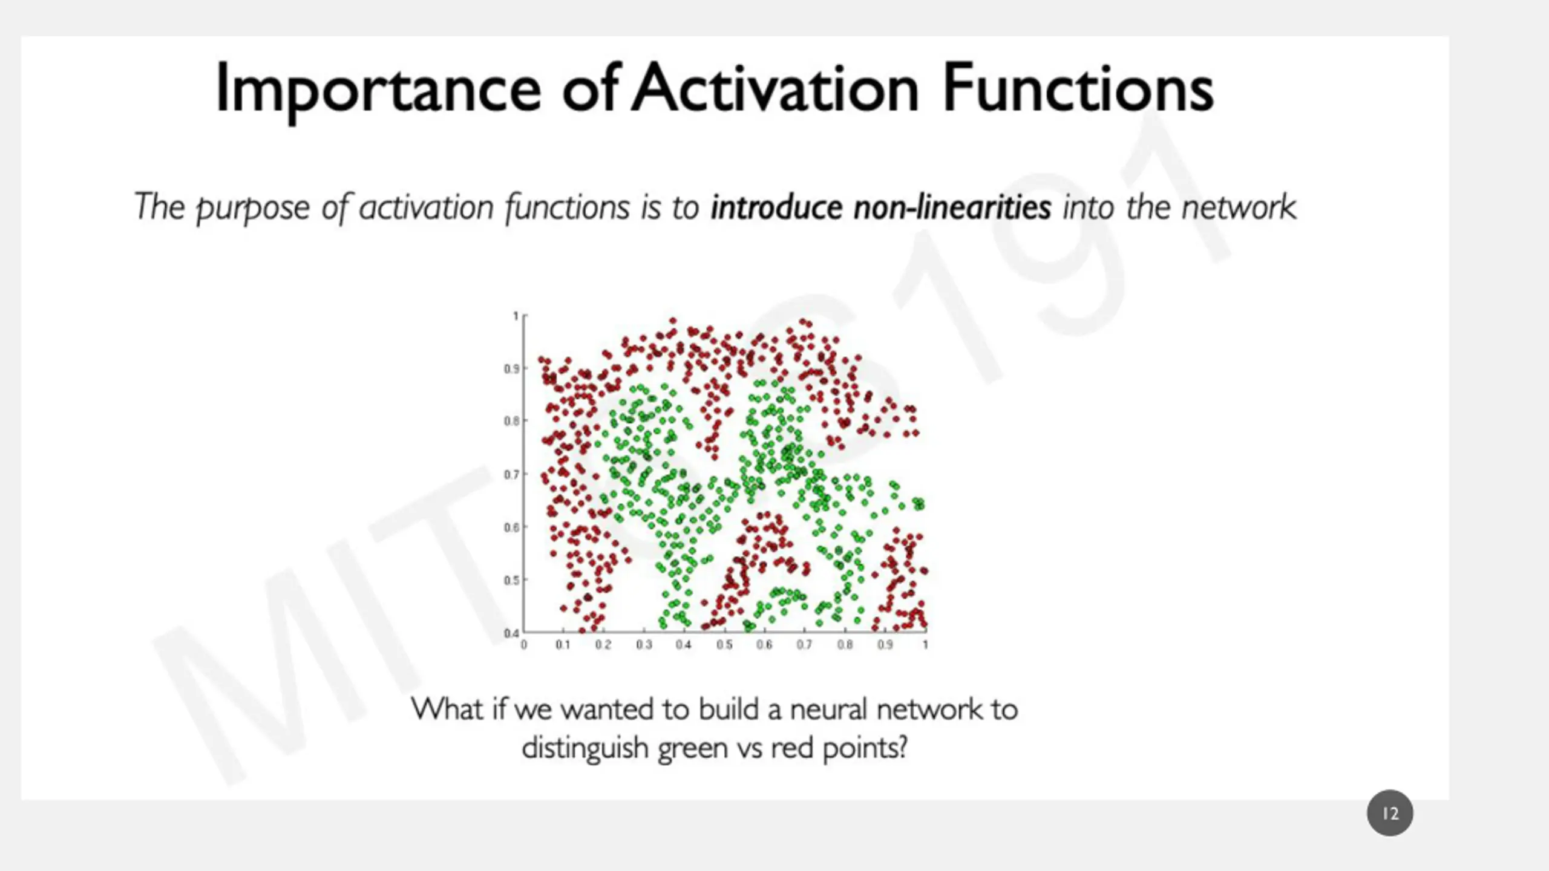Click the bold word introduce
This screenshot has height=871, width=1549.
coord(776,207)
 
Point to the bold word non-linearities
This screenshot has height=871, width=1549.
coord(952,207)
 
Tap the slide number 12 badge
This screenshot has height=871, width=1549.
coord(1390,813)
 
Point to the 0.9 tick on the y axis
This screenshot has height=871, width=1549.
coord(512,368)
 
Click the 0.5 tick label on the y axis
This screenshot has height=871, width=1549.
coord(512,580)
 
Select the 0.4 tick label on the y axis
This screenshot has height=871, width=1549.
coord(512,633)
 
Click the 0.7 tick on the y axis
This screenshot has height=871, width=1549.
coord(512,474)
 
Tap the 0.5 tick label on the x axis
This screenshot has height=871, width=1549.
coord(724,645)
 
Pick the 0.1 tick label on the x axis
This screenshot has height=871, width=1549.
coord(563,645)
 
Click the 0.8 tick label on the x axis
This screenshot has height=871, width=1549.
coord(845,645)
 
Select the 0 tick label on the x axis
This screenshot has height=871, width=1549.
coord(524,645)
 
